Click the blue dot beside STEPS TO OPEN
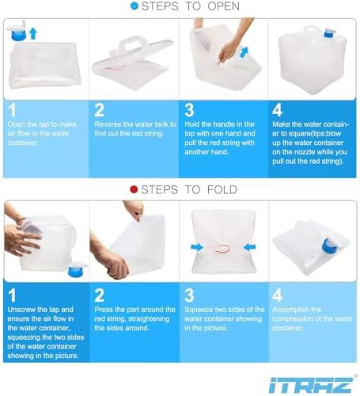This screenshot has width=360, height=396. (135, 6)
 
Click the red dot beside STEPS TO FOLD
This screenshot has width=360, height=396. (134, 189)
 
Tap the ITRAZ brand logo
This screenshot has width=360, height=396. (311, 385)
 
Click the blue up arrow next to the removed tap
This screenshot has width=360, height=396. (33, 34)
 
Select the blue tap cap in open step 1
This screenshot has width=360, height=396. (18, 33)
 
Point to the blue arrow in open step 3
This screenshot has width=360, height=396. (244, 51)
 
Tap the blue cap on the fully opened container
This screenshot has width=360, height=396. (329, 34)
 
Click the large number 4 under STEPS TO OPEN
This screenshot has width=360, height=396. (277, 110)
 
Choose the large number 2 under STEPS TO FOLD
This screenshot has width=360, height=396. (100, 295)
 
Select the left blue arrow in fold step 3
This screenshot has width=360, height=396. (197, 247)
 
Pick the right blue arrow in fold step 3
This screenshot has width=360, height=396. (249, 247)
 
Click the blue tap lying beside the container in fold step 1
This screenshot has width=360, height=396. (78, 270)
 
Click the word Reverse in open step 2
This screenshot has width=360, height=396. (108, 124)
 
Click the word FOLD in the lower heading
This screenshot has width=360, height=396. (222, 190)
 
